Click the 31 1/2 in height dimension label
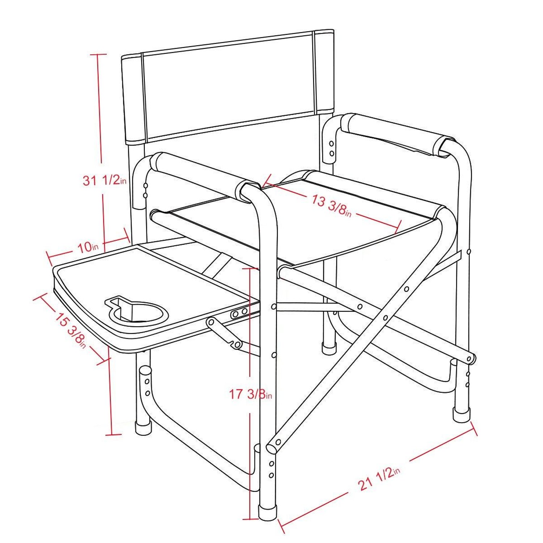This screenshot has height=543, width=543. tap(104, 180)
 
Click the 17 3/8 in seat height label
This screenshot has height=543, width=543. tap(250, 394)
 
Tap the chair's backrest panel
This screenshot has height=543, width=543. tap(228, 87)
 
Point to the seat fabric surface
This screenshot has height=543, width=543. tap(308, 224)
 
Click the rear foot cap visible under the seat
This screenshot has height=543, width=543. tap(329, 348)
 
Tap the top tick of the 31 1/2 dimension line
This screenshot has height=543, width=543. tap(97, 54)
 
